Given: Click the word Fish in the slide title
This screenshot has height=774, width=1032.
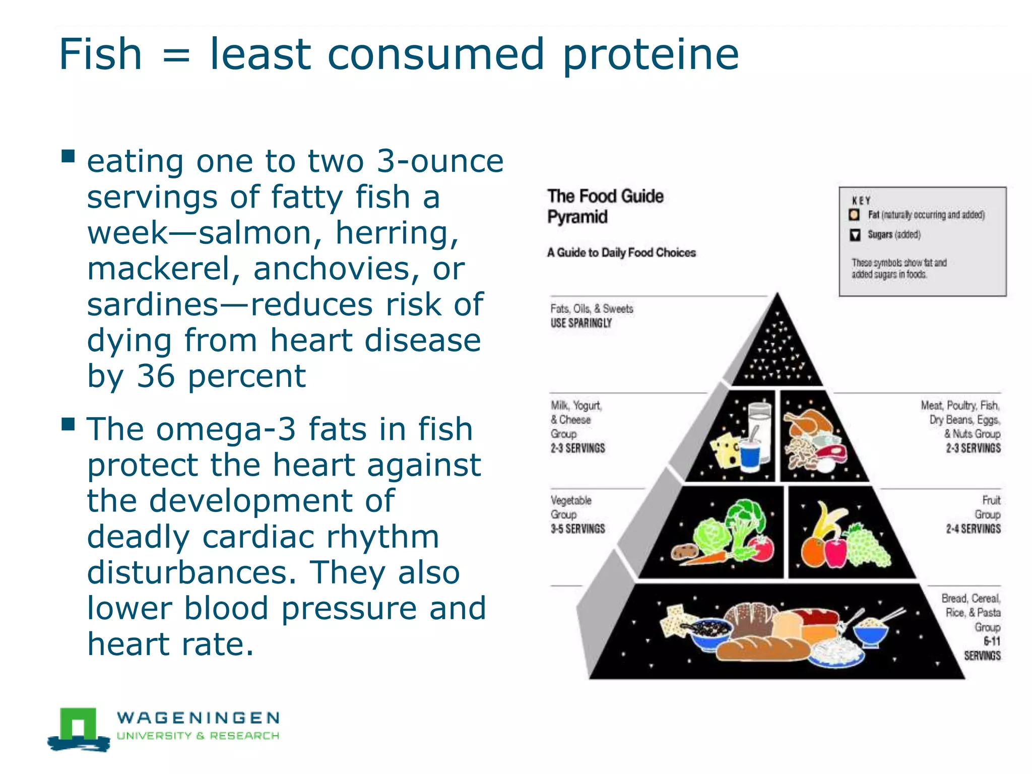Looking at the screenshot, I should click(100, 54).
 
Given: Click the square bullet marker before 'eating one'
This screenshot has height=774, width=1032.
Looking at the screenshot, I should click(68, 156).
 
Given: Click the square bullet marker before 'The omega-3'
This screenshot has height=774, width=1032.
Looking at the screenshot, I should click(68, 424).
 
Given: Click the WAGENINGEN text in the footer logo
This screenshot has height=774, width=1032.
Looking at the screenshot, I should click(198, 717).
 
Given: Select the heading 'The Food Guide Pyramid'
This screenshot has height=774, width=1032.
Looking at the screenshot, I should click(605, 206).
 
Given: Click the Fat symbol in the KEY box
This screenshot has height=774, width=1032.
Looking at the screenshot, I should click(854, 215).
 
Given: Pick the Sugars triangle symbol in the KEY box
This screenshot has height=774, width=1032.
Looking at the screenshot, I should click(855, 235).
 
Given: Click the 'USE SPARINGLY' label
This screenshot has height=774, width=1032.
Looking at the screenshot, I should click(580, 323).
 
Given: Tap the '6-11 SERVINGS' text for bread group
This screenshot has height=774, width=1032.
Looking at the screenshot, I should click(983, 648).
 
